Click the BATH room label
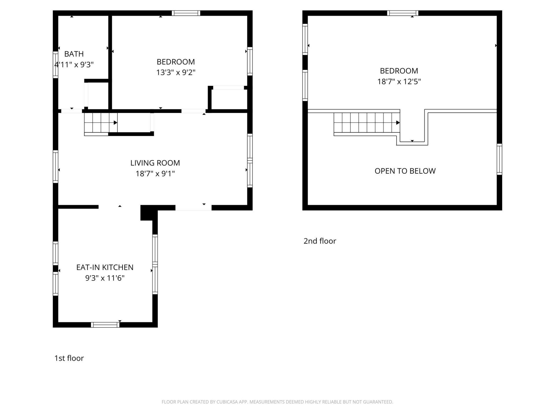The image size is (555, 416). coord(74,54)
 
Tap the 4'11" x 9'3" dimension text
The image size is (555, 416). coord(74,64)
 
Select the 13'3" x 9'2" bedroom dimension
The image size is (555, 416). coord(176,72)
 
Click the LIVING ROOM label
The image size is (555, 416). coord(155,163)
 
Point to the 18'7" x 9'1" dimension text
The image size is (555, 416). coord(155,174)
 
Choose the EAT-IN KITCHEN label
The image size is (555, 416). coord(105,268)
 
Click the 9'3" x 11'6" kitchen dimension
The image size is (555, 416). coord(105,278)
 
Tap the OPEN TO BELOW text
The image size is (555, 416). coord(405,171)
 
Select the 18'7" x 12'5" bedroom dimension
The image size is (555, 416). coord(399,81)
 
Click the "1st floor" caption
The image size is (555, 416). coord(69,358)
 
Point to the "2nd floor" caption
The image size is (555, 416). coord(320,241)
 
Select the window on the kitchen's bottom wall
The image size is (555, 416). coord(105,325)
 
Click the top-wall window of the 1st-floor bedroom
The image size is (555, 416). coord(186,13)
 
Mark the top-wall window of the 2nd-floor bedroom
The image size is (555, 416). coord(403,13)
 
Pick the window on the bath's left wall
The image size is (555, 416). coord(55,64)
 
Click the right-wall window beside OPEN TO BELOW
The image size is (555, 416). coord(499,159)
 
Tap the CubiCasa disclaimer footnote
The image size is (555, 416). coord(277,402)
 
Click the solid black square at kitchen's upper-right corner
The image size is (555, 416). coord(147,213)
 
